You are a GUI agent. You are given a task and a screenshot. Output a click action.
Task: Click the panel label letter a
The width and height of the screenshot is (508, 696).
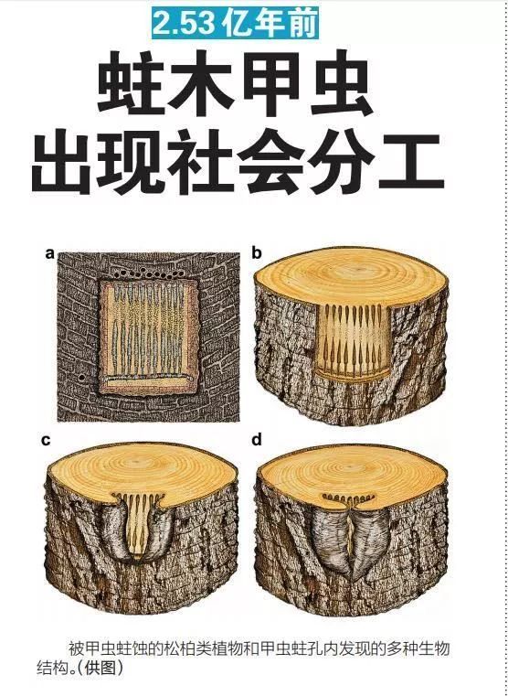pyautogui.click(x=49, y=254)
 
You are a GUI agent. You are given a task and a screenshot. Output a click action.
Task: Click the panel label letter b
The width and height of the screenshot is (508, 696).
pyautogui.click(x=257, y=253)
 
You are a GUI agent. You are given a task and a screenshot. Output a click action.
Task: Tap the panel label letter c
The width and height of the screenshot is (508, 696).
pyautogui.click(x=46, y=441)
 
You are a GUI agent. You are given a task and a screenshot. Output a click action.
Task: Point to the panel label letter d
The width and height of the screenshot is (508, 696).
pyautogui.click(x=257, y=440)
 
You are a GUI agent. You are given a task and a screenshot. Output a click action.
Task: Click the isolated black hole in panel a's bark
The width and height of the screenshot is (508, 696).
pyautogui.click(x=81, y=378)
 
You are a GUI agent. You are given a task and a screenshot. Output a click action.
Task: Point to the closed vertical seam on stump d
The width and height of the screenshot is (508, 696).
pyautogui.click(x=353, y=540)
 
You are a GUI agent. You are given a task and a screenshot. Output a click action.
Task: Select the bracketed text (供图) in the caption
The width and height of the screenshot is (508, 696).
pyautogui.click(x=101, y=667)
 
